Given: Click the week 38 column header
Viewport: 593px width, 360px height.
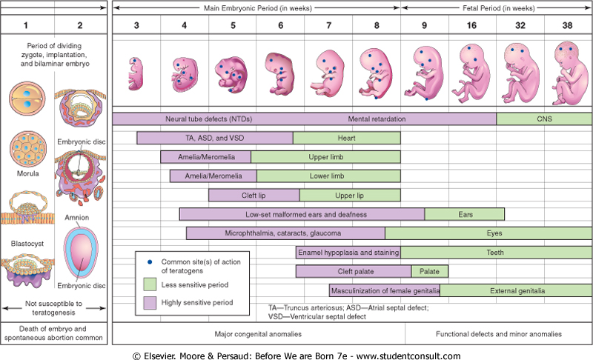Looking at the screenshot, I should click(x=568, y=25).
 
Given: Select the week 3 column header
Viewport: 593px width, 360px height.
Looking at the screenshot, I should click(x=136, y=25).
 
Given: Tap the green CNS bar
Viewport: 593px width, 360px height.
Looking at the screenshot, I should click(x=544, y=119).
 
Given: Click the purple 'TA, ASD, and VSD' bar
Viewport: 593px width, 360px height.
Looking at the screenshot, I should click(x=215, y=138).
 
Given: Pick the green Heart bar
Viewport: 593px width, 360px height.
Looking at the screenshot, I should click(x=347, y=138).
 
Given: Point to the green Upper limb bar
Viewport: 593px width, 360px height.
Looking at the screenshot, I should click(x=326, y=157).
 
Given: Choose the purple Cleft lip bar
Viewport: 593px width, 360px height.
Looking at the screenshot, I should click(x=254, y=196).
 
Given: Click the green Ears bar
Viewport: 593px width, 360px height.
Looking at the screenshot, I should click(x=465, y=214).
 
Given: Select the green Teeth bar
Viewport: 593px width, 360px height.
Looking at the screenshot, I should click(x=496, y=253).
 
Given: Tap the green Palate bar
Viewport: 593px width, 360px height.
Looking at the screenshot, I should click(x=425, y=271).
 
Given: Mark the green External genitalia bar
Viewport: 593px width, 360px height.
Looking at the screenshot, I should click(x=516, y=290).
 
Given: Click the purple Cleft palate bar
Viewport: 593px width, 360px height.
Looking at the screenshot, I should click(x=353, y=271).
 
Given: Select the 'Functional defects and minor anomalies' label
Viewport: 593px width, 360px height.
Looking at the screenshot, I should click(x=499, y=334).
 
